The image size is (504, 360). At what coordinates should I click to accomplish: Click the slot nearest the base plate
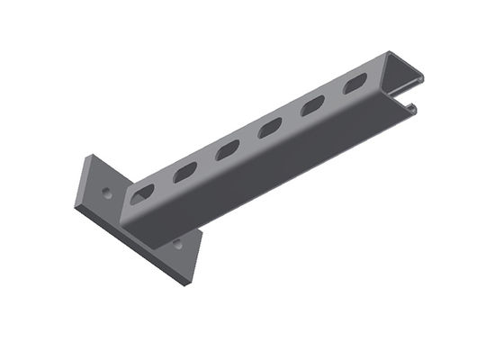(x=143, y=193)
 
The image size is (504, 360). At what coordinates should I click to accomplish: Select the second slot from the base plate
(x=185, y=171)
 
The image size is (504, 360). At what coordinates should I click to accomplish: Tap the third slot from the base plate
(x=228, y=149)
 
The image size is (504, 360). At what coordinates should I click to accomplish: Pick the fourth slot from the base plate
(x=270, y=128)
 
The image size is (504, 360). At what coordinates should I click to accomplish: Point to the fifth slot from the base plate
(x=312, y=106)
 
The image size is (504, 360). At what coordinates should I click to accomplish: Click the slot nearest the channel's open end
(x=354, y=85)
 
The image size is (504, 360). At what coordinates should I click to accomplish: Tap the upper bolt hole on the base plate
(x=107, y=192)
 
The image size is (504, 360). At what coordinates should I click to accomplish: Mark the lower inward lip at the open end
(x=411, y=109)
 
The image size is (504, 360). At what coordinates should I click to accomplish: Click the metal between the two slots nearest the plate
(x=165, y=182)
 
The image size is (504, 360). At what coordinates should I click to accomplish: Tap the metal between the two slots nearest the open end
(x=333, y=95)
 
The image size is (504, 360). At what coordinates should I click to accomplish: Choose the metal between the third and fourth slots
(x=249, y=139)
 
